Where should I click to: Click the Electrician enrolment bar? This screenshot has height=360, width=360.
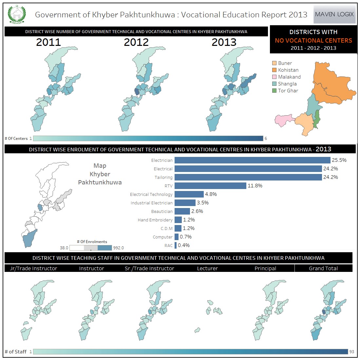point(252,160)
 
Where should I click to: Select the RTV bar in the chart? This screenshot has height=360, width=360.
point(210,186)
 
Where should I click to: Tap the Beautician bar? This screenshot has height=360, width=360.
point(182,211)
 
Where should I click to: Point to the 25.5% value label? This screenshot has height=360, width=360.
point(339,160)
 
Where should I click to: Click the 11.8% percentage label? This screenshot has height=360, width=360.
point(255,186)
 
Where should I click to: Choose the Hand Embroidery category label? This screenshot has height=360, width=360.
point(155,220)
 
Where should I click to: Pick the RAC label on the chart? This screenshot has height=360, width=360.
point(168,245)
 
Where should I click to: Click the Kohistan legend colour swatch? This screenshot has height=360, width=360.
point(275,70)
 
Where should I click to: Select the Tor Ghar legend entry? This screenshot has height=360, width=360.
point(288,91)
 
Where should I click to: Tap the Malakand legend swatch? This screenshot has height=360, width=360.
point(275,77)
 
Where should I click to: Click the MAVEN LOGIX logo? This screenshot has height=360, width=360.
point(334,14)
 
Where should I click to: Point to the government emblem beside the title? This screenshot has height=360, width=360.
point(16,15)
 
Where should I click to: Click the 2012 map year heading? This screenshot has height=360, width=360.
point(136,42)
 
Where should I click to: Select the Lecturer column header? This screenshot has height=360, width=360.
point(207,268)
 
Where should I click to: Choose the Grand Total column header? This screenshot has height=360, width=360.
point(323,268)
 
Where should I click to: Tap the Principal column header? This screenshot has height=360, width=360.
point(265,268)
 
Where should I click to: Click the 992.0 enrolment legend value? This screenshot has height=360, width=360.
point(118,248)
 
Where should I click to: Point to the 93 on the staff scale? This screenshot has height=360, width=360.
point(352,351)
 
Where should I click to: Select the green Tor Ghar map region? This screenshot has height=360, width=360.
point(316,119)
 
